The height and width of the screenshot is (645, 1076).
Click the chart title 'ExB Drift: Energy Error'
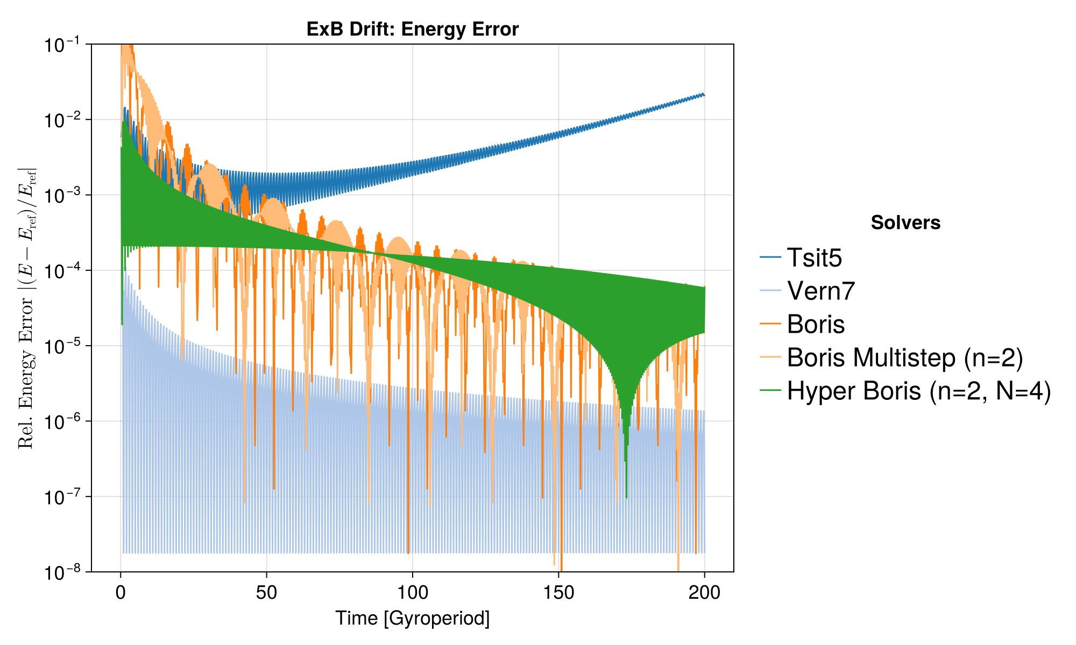pyautogui.click(x=413, y=29)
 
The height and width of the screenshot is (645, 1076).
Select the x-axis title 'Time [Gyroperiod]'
pyautogui.click(x=413, y=618)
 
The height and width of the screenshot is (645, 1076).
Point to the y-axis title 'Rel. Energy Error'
pyautogui.click(x=26, y=307)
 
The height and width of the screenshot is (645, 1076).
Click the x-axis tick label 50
pyautogui.click(x=266, y=592)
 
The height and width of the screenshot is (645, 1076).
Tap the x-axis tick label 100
pyautogui.click(x=413, y=592)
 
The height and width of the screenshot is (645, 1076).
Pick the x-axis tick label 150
pyautogui.click(x=558, y=592)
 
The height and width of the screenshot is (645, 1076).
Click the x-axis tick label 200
pyautogui.click(x=704, y=592)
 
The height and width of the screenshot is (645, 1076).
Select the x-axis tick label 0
pyautogui.click(x=121, y=592)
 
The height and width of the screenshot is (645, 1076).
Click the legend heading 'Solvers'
pyautogui.click(x=905, y=223)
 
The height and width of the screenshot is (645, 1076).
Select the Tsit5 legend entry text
pyautogui.click(x=815, y=258)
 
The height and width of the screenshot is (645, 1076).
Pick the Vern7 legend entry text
pyautogui.click(x=821, y=291)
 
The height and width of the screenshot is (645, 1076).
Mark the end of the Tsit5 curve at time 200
pyautogui.click(x=704, y=95)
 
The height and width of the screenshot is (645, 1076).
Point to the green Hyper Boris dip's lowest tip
pyautogui.click(x=626, y=498)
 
